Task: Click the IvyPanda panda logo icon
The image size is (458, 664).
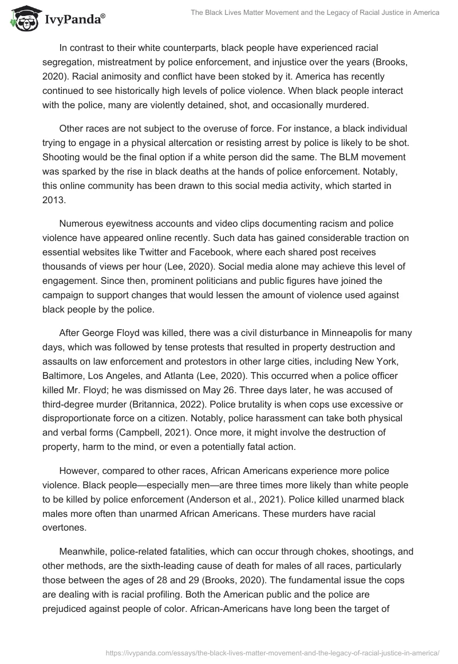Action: coord(22,18)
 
